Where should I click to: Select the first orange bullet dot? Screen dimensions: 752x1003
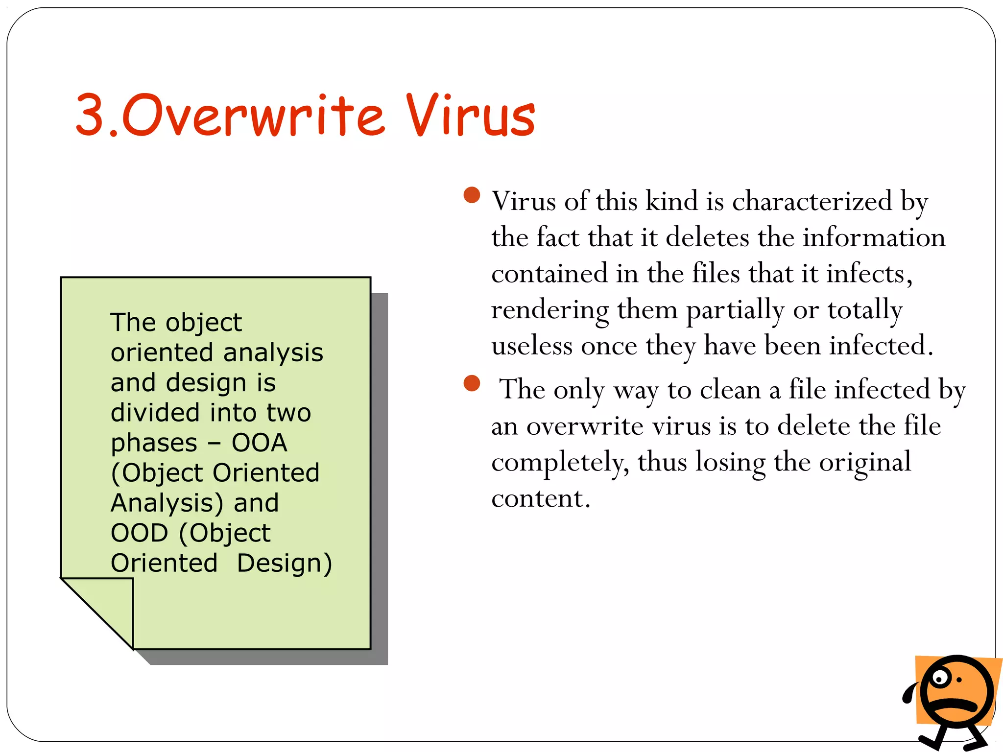472,195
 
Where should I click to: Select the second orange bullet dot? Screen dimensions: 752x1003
472,383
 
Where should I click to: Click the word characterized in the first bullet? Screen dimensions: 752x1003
812,201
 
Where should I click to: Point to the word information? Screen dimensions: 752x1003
874,237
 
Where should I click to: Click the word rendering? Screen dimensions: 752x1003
550,310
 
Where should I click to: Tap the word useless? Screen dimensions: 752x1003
532,346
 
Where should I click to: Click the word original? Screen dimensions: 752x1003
865,462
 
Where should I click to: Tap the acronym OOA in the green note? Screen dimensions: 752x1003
259,443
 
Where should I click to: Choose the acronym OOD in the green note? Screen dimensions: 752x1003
140,533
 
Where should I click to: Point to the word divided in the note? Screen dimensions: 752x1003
155,413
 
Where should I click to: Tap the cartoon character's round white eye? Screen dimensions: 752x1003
940,679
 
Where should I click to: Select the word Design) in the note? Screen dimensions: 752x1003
285,563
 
